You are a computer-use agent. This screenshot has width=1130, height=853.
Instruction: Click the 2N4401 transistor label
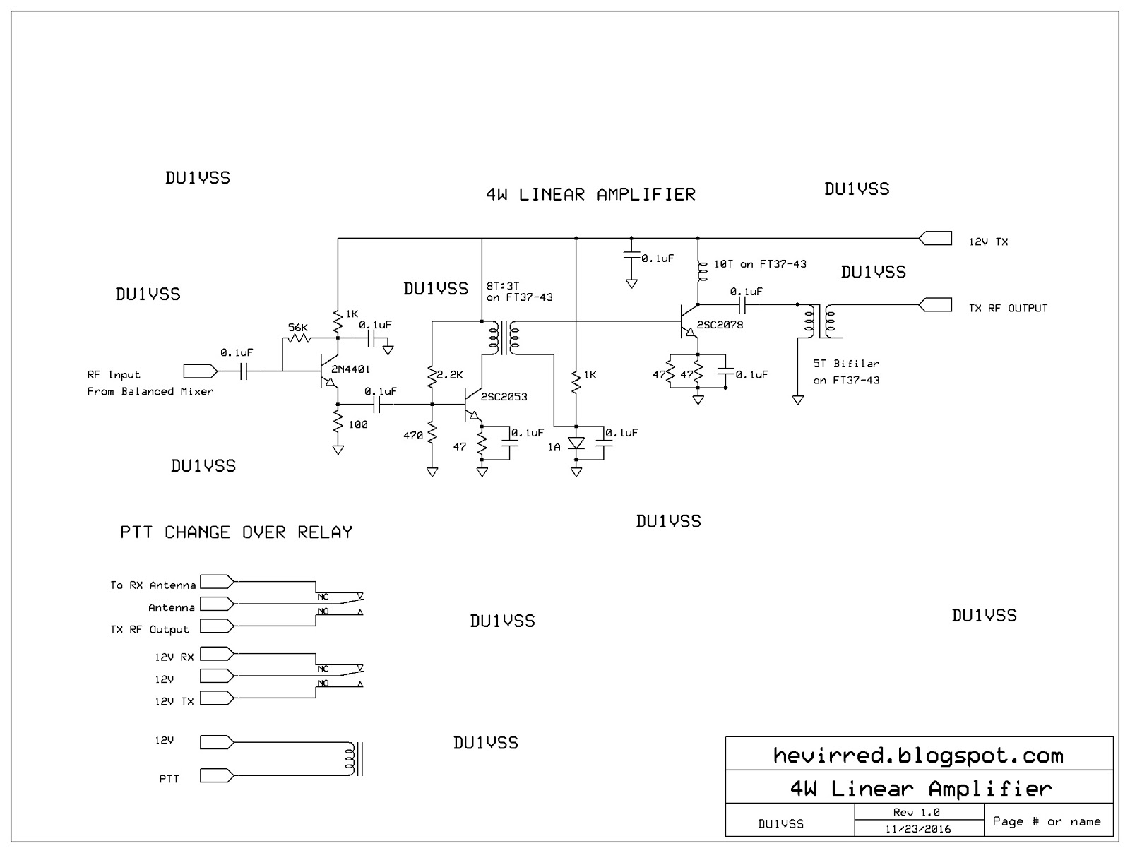350,369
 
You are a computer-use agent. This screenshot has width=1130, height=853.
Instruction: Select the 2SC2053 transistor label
504,397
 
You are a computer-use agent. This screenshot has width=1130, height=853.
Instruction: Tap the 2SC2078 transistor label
720,325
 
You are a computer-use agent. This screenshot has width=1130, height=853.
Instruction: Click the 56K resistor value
298,328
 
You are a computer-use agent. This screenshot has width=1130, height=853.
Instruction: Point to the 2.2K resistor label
449,375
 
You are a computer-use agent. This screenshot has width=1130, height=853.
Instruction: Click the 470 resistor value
413,436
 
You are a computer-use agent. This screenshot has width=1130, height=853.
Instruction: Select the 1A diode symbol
576,443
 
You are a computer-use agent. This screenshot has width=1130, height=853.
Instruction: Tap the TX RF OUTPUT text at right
1008,308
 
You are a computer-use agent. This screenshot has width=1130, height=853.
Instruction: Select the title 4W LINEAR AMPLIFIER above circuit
590,195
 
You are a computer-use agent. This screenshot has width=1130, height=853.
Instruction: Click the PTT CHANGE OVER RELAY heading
236,532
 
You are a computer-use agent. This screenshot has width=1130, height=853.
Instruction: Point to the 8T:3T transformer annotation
519,292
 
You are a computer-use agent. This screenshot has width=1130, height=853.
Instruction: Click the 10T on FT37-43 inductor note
760,264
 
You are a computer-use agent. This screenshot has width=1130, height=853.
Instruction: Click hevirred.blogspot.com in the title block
918,756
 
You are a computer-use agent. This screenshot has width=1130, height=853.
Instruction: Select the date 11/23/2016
918,829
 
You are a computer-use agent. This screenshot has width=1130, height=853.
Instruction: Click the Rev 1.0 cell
917,813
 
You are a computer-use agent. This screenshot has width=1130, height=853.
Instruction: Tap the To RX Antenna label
153,585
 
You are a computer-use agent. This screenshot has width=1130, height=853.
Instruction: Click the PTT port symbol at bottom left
216,775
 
